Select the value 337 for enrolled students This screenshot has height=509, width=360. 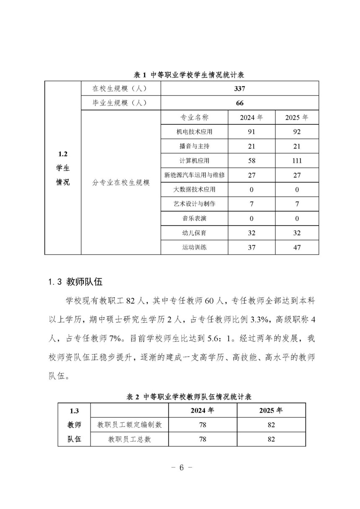(239, 89)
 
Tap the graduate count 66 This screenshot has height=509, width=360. (239, 103)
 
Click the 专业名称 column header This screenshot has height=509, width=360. (194, 118)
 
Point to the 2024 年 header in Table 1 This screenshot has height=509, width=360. (251, 118)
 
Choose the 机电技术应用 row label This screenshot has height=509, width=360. (194, 132)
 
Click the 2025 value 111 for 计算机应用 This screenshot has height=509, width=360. (297, 161)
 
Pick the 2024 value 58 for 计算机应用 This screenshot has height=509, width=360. (251, 161)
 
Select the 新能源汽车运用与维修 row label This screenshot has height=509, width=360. (194, 175)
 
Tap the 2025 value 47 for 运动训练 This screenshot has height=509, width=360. (297, 247)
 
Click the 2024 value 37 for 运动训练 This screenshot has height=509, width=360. (251, 247)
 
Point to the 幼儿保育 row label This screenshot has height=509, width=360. (194, 233)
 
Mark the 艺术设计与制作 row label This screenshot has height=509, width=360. (194, 204)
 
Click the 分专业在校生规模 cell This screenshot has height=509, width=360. (121, 183)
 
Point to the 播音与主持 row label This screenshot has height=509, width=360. (194, 147)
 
